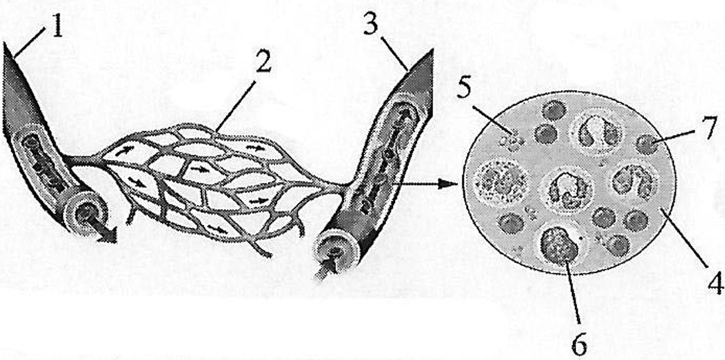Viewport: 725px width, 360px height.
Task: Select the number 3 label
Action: (x=371, y=23)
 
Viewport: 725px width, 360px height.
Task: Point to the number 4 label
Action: (x=715, y=283)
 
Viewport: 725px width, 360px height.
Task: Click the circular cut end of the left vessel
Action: (x=86, y=212)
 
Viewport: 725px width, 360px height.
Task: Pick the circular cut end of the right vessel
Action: (x=336, y=252)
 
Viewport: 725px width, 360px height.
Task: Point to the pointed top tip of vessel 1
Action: (x=4, y=43)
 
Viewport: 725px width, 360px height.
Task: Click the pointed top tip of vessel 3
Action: (x=432, y=50)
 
